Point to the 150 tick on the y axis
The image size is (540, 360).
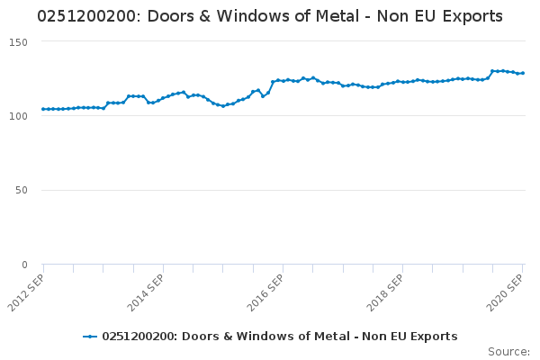click(19, 42)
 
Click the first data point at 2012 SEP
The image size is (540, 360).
click(43, 109)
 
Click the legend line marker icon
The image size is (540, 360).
click(90, 337)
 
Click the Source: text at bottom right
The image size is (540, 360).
click(508, 351)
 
